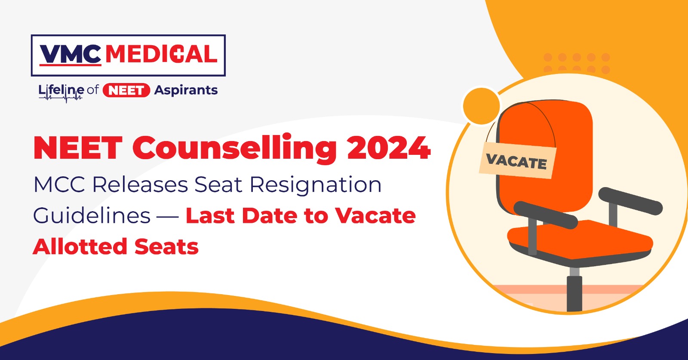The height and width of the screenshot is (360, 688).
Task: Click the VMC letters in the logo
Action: click(71, 55)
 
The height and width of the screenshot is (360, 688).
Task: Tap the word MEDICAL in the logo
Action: click(161, 54)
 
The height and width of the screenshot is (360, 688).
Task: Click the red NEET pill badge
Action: click(126, 90)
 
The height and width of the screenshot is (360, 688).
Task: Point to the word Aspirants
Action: click(186, 90)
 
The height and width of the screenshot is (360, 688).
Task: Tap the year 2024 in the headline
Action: click(389, 148)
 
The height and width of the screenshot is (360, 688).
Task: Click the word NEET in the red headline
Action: click(78, 148)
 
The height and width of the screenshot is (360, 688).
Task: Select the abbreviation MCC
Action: click(59, 185)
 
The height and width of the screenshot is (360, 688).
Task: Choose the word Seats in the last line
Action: click(166, 247)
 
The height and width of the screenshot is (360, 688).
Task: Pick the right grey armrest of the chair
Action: click(630, 201)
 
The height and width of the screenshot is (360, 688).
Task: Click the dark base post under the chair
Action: click(574, 294)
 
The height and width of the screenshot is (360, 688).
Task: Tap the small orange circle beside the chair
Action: click(481, 106)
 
